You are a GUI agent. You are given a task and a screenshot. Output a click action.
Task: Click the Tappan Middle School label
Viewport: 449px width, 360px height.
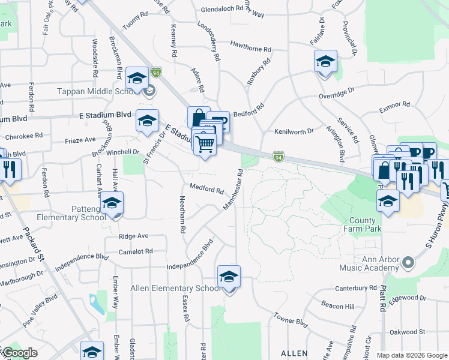[98, 92]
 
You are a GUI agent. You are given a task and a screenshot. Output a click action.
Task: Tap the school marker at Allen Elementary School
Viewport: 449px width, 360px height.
[229, 278]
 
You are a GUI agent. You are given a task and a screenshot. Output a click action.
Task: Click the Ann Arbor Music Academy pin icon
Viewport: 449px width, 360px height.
[408, 263]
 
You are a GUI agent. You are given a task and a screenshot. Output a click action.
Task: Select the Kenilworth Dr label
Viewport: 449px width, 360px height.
[294, 131]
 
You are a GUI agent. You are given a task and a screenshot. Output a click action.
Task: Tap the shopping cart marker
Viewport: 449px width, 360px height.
[205, 144]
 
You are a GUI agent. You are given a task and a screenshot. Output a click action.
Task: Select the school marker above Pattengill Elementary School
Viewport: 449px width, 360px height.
[112, 204]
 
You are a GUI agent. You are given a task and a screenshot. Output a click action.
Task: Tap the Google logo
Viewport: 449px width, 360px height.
[20, 353]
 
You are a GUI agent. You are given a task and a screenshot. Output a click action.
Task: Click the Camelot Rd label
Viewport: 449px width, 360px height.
[136, 251]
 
